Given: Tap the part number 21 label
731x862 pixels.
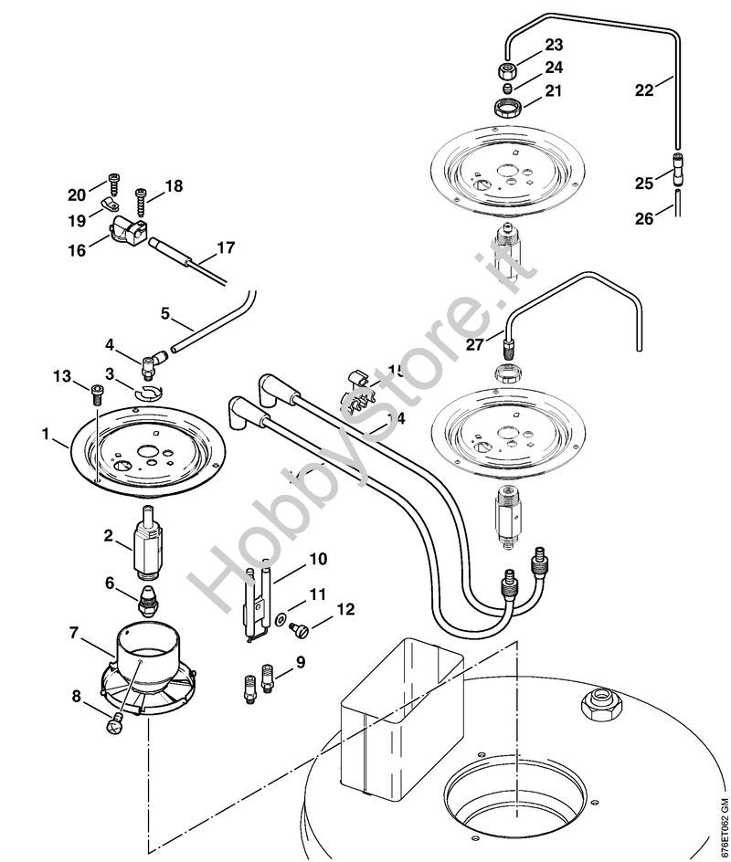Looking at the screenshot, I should (x=528, y=90).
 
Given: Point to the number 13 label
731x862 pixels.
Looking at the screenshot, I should (x=62, y=376).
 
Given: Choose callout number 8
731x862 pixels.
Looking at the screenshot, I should (x=77, y=696).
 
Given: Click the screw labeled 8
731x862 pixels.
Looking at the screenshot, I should (x=114, y=724).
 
